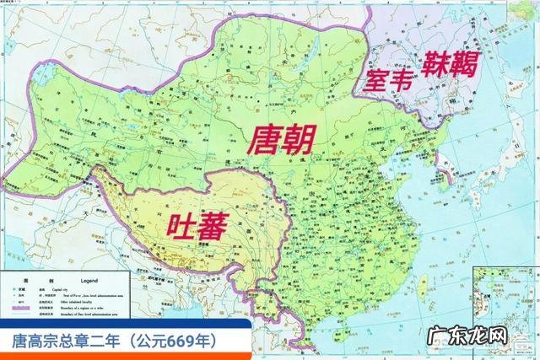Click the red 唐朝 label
[280, 139]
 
